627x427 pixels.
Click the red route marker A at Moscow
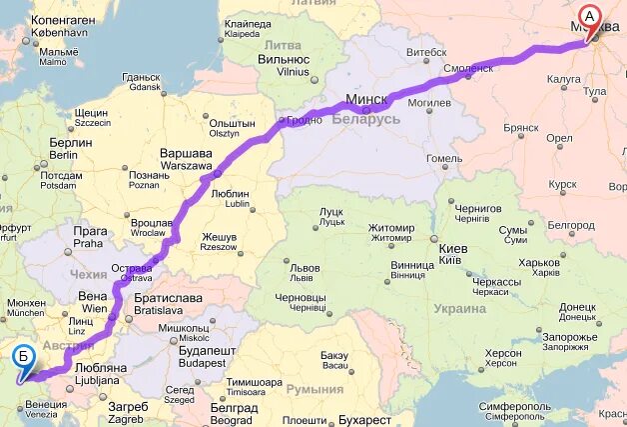(590, 17)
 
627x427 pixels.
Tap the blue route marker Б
(23, 355)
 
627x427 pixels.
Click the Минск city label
(366, 100)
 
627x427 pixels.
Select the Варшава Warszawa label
(187, 159)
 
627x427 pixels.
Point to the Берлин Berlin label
(69, 148)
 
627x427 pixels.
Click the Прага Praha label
(88, 236)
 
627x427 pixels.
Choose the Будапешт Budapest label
(207, 357)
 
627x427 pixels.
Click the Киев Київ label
(450, 254)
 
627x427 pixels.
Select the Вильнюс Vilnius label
(284, 65)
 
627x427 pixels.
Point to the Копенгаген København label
(62, 26)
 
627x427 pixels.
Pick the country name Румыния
(315, 389)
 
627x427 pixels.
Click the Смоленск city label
(468, 68)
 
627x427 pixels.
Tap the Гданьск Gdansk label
(141, 82)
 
